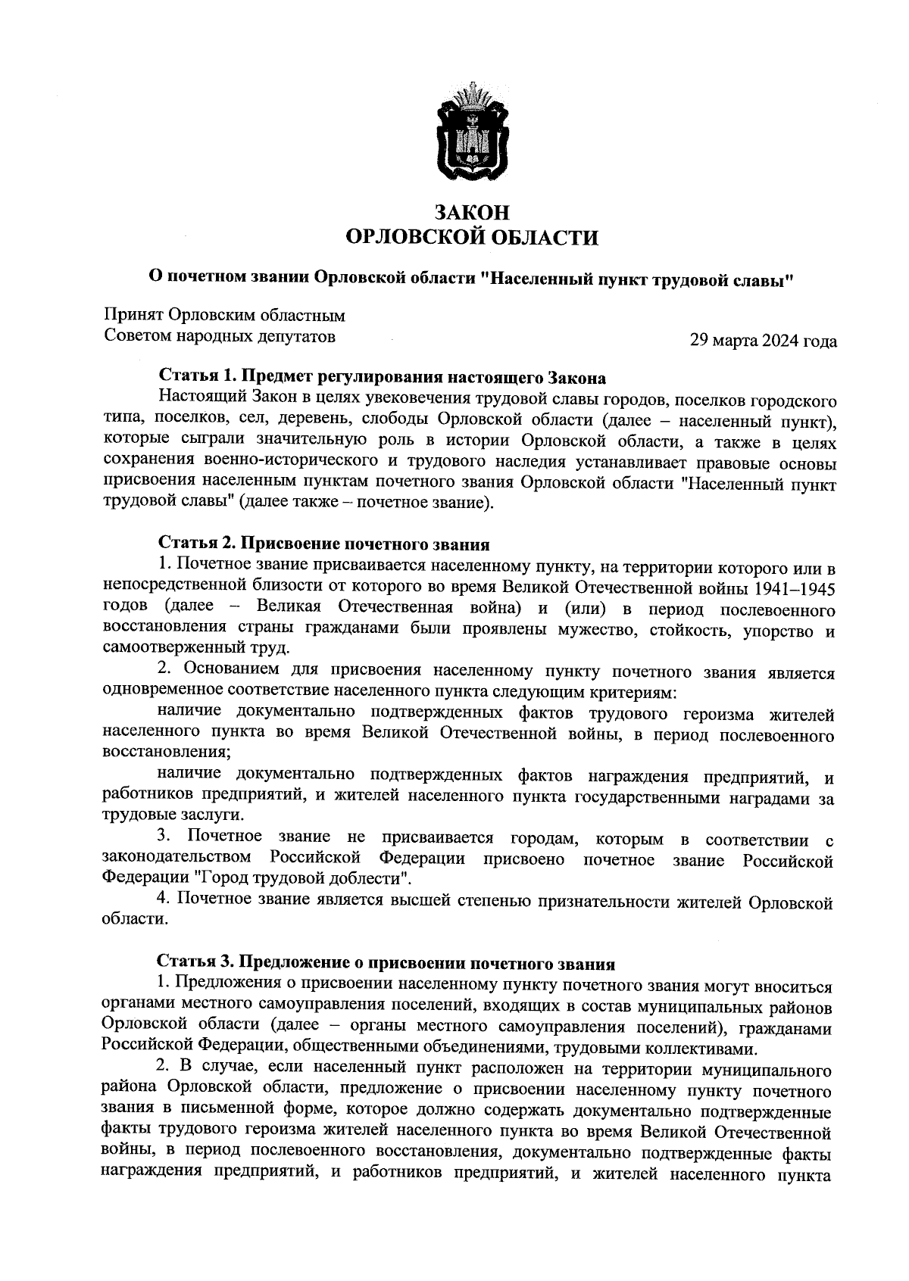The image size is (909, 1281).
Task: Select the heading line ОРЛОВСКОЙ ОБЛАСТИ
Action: click(471, 238)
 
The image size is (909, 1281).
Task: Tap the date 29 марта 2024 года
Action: click(763, 341)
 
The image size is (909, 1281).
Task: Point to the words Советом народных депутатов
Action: click(220, 336)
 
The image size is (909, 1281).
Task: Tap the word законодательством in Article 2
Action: click(178, 860)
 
